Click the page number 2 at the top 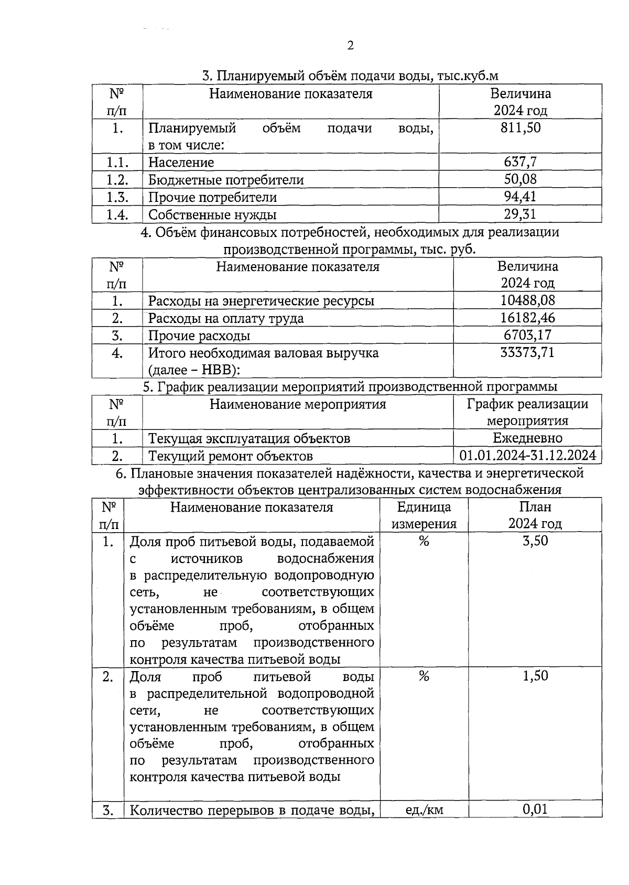pyautogui.click(x=350, y=46)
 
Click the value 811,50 pyautogui.click(x=520, y=127)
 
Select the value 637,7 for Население pyautogui.click(x=520, y=162)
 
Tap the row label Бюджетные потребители pyautogui.click(x=226, y=180)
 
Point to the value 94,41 pyautogui.click(x=520, y=197)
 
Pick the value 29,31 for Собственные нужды pyautogui.click(x=520, y=214)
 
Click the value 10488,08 pyautogui.click(x=527, y=300)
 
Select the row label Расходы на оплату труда pyautogui.click(x=226, y=318)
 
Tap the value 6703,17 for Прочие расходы pyautogui.click(x=527, y=335)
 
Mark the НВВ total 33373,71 pyautogui.click(x=527, y=352)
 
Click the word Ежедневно pyautogui.click(x=527, y=438)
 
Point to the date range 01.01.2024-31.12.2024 pyautogui.click(x=527, y=455)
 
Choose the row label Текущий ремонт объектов pyautogui.click(x=230, y=456)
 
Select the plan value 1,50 pyautogui.click(x=535, y=676)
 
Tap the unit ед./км pyautogui.click(x=424, y=810)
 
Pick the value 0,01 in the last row pyautogui.click(x=535, y=810)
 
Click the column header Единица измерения pyautogui.click(x=424, y=515)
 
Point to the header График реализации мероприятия pyautogui.click(x=527, y=412)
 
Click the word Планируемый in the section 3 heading pyautogui.click(x=246, y=76)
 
